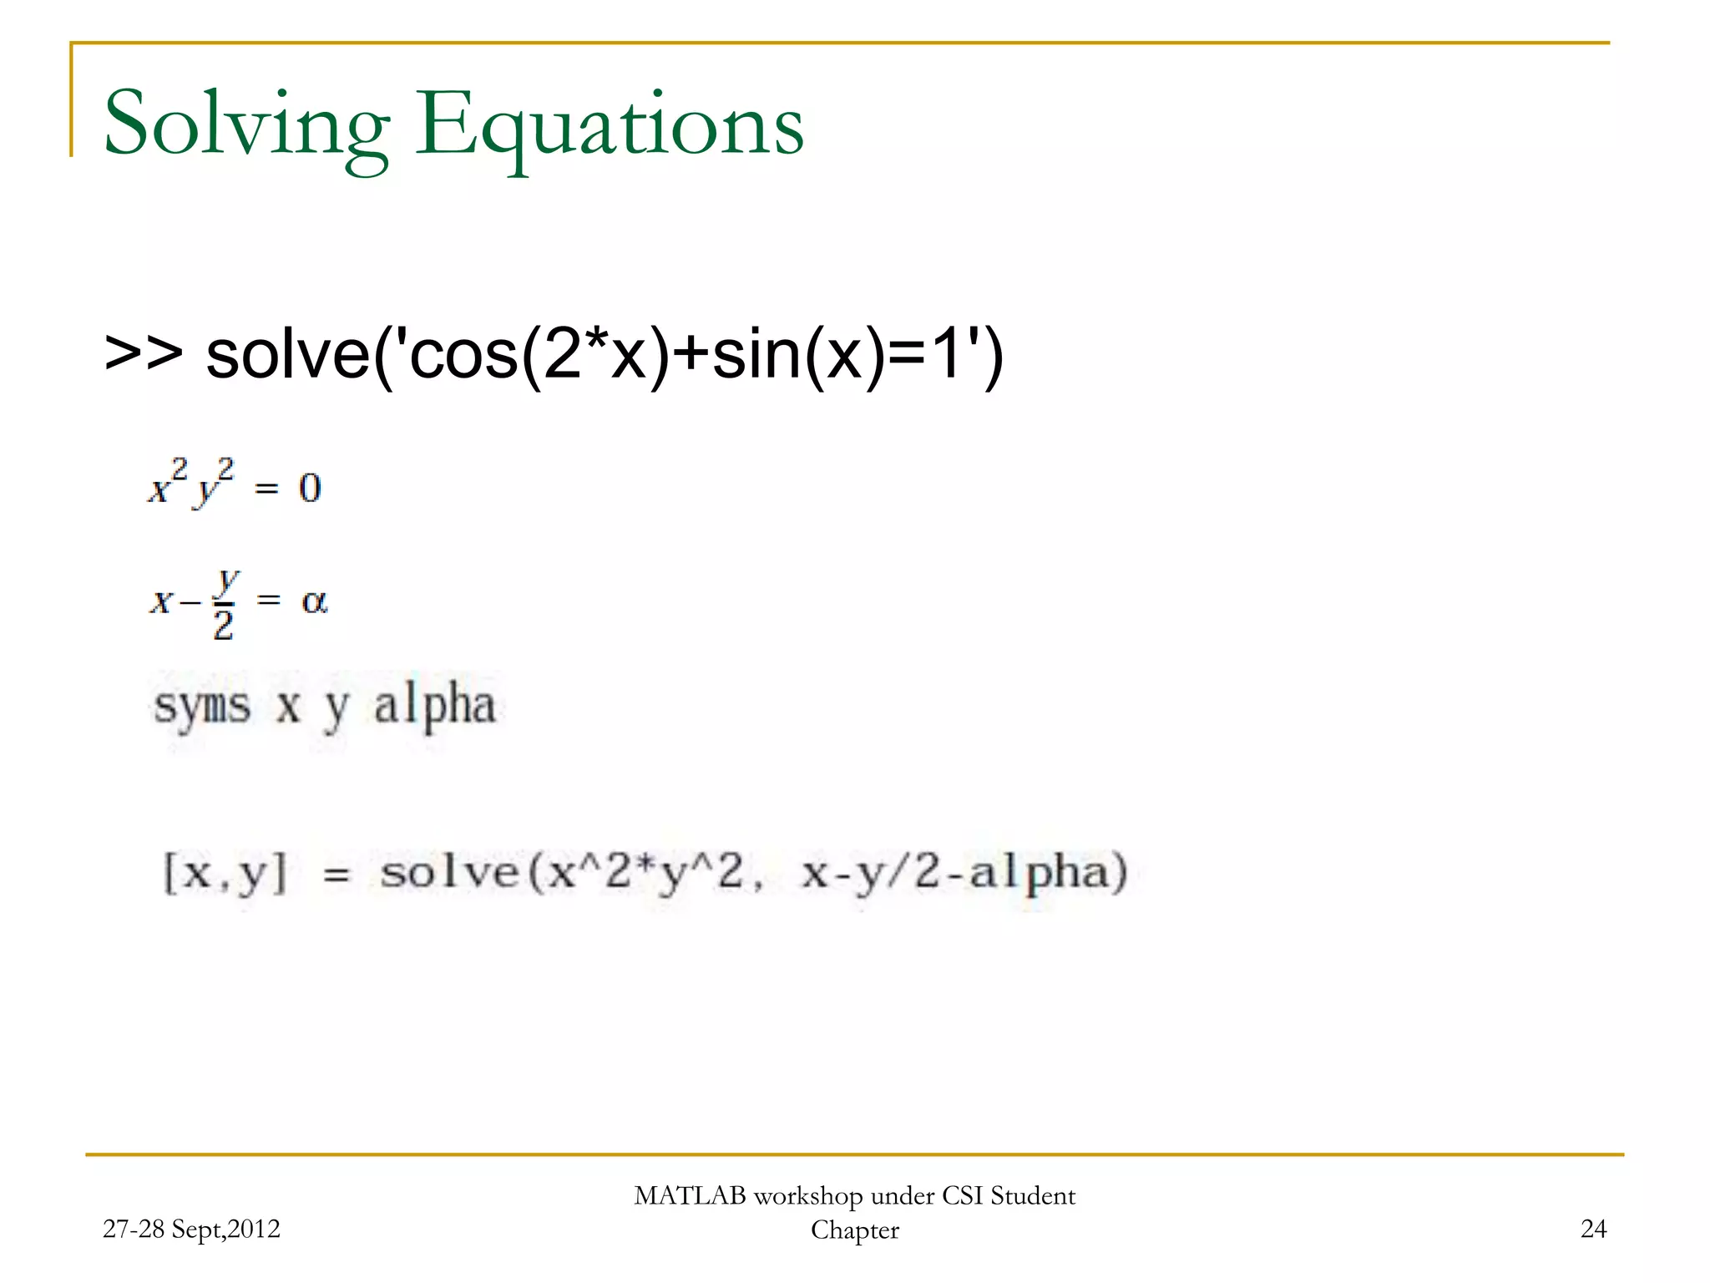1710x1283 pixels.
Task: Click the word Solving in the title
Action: (246, 125)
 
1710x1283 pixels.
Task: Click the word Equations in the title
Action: (610, 125)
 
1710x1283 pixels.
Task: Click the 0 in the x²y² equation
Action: (310, 488)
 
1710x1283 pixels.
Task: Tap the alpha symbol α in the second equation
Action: (315, 601)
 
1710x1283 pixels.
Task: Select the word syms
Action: (202, 707)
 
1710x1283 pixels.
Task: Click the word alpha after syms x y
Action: (434, 707)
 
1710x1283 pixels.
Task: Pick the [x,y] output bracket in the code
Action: (225, 873)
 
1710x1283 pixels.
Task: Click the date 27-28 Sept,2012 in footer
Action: (191, 1229)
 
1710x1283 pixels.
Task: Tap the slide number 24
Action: (1593, 1229)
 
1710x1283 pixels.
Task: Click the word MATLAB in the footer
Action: (690, 1196)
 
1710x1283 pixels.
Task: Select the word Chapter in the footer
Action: (855, 1230)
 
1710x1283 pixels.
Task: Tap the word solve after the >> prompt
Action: (288, 354)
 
